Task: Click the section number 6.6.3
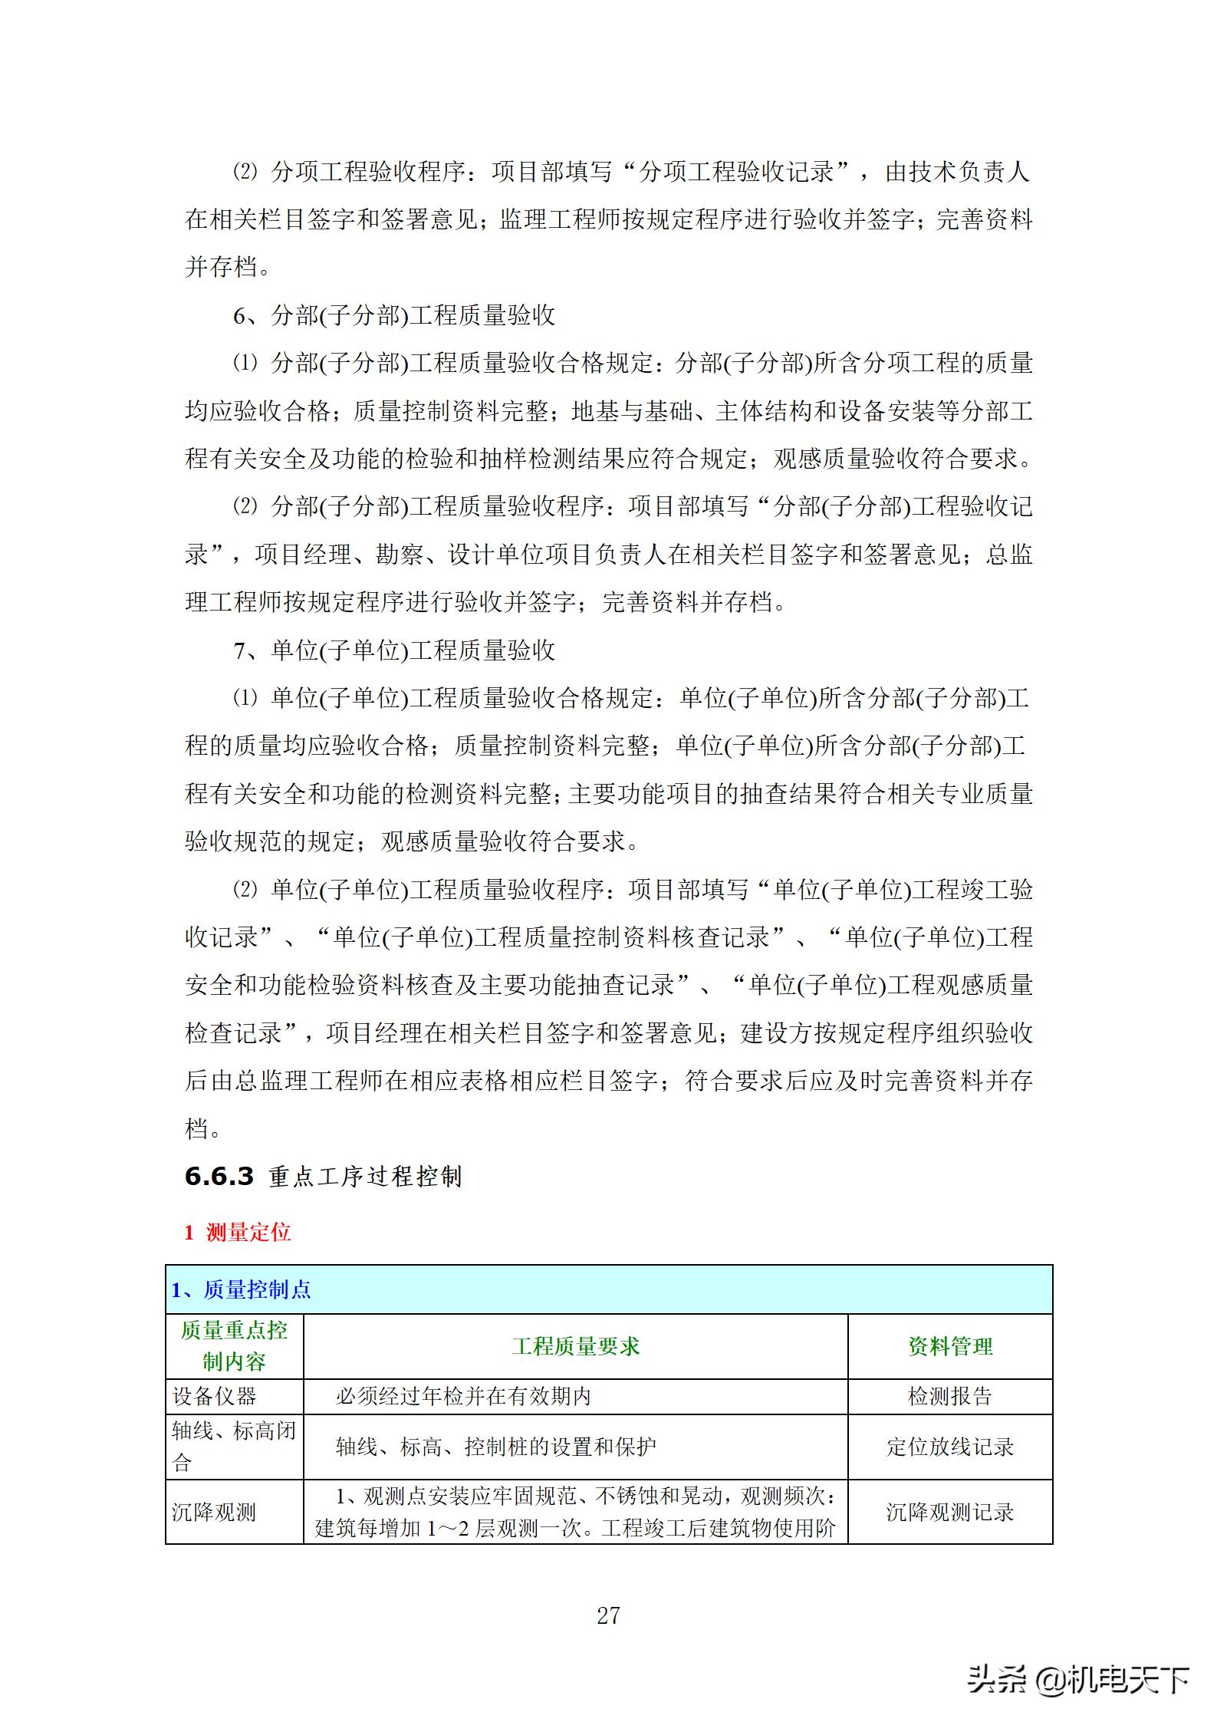(x=219, y=1177)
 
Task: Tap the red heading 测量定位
(x=248, y=1233)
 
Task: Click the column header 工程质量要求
(x=575, y=1346)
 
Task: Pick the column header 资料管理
(x=950, y=1346)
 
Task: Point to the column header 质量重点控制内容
(x=234, y=1346)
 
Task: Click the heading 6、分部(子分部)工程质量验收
(x=394, y=315)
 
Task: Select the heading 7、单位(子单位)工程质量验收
(x=394, y=650)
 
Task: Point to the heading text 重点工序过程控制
(x=365, y=1177)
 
